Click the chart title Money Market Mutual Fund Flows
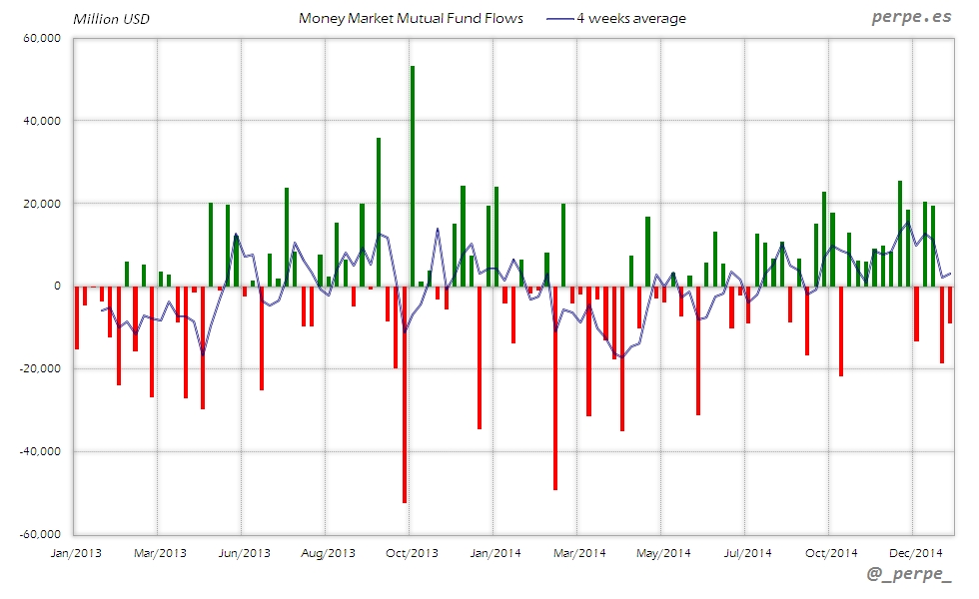click(411, 19)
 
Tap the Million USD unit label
click(111, 19)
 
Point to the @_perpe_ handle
click(910, 574)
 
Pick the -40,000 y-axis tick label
click(41, 451)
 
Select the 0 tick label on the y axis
click(57, 287)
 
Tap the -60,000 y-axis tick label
click(41, 534)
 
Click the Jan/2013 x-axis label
click(75, 552)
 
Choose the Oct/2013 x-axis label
click(411, 552)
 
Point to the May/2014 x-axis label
click(663, 552)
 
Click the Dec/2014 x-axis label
click(916, 552)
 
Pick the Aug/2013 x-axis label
click(328, 552)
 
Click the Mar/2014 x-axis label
click(579, 552)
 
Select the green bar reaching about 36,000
click(379, 212)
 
